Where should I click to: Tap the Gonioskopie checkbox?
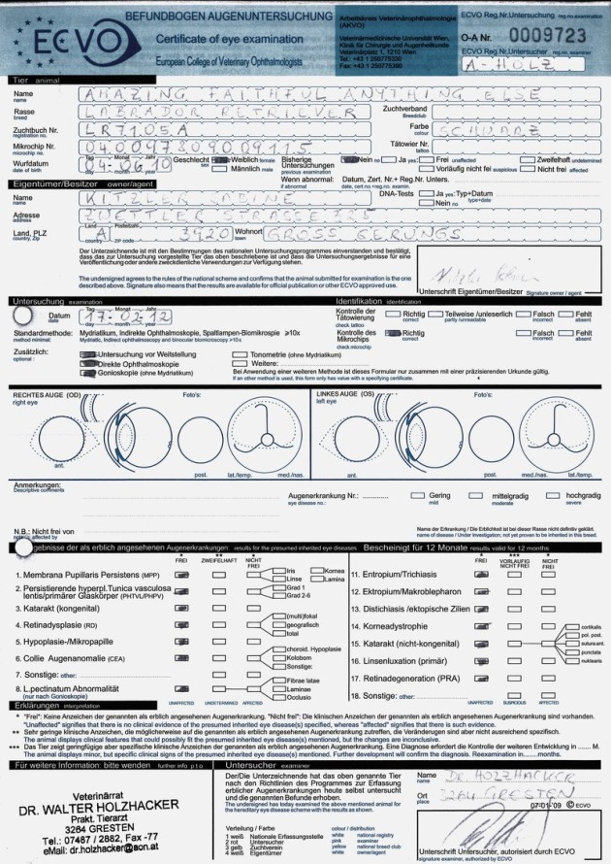[85, 374]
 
